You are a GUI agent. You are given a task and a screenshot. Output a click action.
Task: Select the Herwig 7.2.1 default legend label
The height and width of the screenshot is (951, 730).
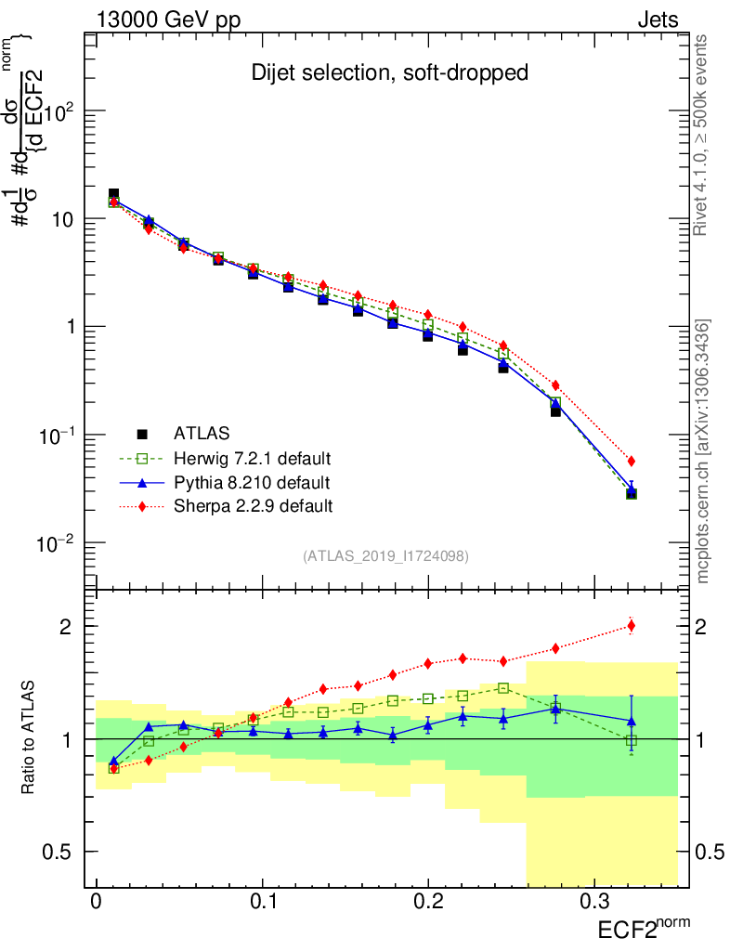coord(253,458)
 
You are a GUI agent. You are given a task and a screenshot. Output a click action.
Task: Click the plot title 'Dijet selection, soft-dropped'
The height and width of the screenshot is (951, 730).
coord(390,72)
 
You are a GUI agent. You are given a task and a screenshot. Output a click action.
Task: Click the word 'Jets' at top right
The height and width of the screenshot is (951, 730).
coord(657,20)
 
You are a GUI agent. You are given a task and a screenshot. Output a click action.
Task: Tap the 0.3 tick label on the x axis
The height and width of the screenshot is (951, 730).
coord(593,902)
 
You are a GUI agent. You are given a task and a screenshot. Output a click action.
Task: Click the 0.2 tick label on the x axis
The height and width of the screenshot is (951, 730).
coord(428,902)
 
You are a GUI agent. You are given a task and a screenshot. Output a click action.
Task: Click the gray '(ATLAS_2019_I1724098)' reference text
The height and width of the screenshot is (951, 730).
coord(385,556)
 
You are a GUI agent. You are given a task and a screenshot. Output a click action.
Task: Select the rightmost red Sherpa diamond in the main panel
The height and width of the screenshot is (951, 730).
coord(632,461)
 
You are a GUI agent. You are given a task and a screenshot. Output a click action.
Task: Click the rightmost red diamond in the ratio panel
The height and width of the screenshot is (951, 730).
coord(632,625)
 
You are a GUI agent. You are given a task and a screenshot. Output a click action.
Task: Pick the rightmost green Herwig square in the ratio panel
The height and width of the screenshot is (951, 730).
coord(632,740)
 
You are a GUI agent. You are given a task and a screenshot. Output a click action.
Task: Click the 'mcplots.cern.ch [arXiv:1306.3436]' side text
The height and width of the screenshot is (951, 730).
coord(704,452)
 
